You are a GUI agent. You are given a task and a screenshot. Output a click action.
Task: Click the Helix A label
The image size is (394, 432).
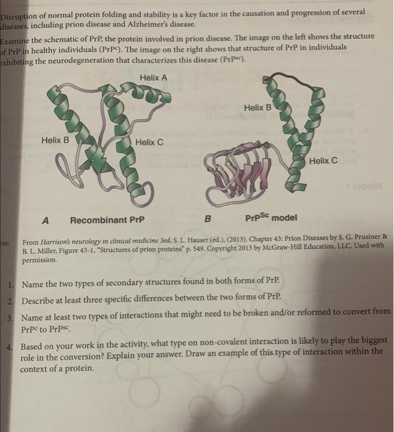tap(153, 78)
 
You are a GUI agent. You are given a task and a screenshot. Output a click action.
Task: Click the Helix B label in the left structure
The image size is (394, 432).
tap(56, 141)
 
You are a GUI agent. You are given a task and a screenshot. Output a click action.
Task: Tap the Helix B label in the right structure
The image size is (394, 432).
tap(258, 108)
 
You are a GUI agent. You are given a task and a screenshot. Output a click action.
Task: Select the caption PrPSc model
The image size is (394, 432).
tap(270, 218)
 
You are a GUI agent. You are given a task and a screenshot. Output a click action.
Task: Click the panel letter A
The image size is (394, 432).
tap(46, 220)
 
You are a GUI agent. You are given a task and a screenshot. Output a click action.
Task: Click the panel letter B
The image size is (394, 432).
tap(207, 219)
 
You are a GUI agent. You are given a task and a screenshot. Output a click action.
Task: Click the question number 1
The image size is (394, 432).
tap(12, 285)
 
